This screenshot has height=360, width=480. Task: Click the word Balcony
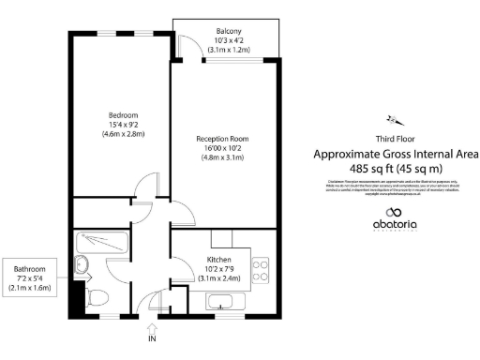click(x=225, y=30)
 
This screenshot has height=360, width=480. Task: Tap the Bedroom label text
click(x=122, y=115)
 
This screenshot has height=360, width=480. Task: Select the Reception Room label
click(x=222, y=139)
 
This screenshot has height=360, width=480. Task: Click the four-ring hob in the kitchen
click(x=262, y=272)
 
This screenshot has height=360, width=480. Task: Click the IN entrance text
click(x=152, y=339)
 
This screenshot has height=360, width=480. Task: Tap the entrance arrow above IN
click(x=152, y=326)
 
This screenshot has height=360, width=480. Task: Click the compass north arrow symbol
click(x=394, y=119)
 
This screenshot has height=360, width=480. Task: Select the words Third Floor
click(x=395, y=138)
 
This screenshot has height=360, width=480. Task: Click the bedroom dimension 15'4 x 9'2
click(x=122, y=125)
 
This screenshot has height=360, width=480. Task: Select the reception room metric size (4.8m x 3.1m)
click(x=222, y=157)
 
